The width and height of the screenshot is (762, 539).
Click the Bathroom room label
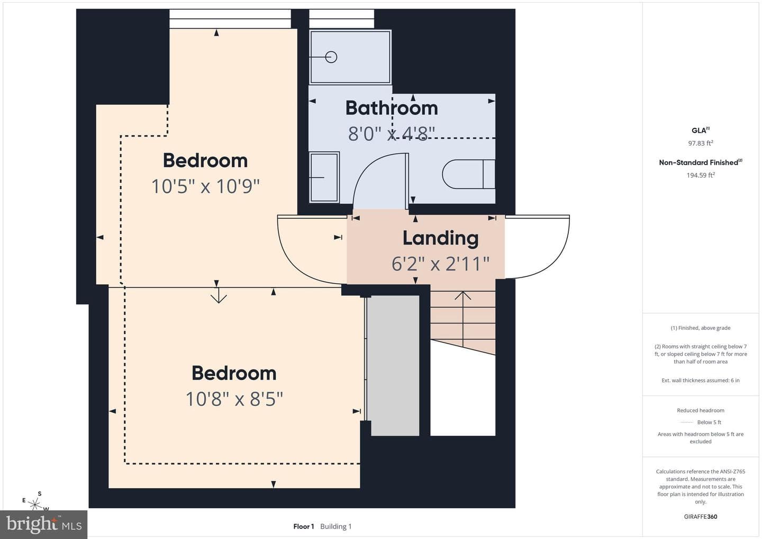coord(392,108)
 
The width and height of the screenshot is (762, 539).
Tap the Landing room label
coord(440,239)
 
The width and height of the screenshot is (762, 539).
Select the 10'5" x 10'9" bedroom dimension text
coord(205,186)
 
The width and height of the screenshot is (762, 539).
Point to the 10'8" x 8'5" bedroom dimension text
coord(234,399)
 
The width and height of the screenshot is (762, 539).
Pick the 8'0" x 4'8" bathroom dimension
coord(392,133)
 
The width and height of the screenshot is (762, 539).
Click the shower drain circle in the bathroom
coord(331,57)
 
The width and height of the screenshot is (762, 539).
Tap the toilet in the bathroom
coord(468,174)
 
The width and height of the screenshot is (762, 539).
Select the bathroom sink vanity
coord(324,177)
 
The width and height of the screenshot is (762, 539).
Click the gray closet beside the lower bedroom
coord(395,365)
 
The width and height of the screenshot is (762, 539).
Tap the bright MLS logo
coord(43,524)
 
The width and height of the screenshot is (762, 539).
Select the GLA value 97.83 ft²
coord(701,143)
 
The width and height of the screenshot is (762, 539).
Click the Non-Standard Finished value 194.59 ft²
coord(701,175)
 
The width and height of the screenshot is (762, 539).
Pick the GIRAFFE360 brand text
coord(701,517)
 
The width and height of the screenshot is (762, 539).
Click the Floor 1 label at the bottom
coord(303,526)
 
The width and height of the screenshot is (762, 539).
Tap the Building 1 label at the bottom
coord(335,526)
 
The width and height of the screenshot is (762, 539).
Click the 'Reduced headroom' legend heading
coord(701,410)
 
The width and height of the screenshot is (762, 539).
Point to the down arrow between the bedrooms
coord(219,295)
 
